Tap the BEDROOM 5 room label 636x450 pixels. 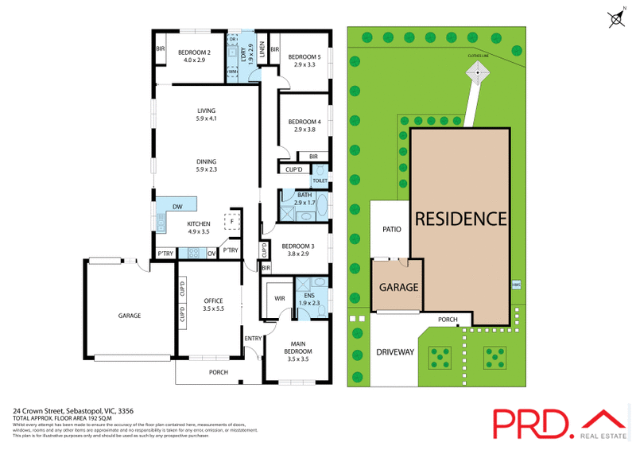tap(304, 56)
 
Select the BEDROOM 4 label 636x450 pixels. tap(304, 121)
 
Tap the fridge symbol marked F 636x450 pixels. tap(233, 221)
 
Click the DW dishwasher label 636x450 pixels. tap(177, 208)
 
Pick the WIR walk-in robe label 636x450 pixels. tap(280, 298)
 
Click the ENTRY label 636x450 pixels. tap(253, 339)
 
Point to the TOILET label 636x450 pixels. tap(320, 180)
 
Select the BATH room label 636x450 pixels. tap(304, 195)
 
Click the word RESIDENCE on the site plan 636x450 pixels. tap(459, 218)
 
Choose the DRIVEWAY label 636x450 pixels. tap(395, 352)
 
